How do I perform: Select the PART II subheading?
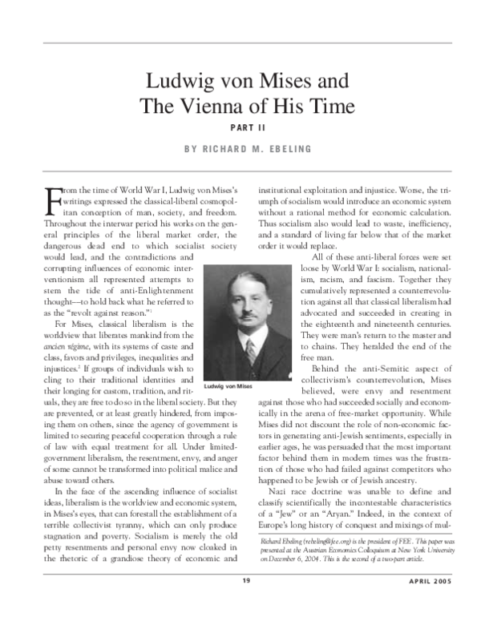(x=240, y=127)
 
